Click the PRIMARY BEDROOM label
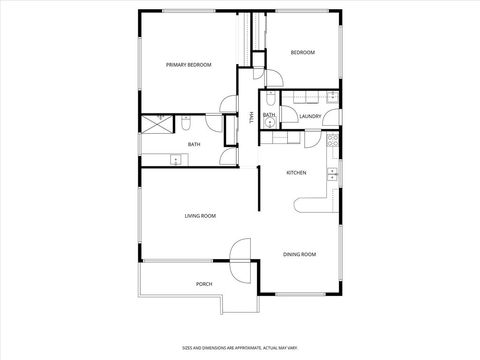[x=189, y=65]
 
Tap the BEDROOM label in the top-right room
[x=302, y=52]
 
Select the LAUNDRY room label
[x=310, y=116]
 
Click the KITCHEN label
[x=296, y=173]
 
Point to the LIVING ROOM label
[x=200, y=216]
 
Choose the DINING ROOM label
[x=299, y=255]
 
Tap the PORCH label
[x=203, y=284]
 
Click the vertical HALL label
[x=251, y=117]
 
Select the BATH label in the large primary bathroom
[x=194, y=145]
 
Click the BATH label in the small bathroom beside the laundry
[x=269, y=116]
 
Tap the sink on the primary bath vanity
[x=176, y=160]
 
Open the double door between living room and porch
[x=240, y=262]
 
